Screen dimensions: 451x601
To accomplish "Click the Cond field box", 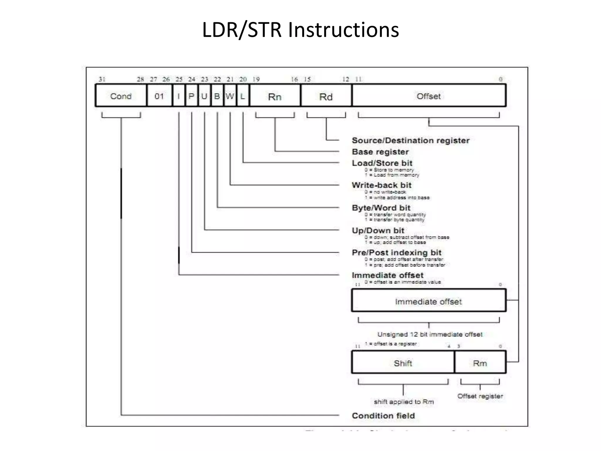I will pos(121,96).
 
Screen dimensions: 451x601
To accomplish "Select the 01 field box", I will pos(159,96).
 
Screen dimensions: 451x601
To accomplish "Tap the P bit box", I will pos(191,96).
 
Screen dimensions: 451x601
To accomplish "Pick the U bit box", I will pos(204,96).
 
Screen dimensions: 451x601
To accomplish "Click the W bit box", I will pos(230,96).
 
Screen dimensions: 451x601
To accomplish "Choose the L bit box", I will pos(243,96).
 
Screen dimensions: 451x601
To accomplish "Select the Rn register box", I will pos(275,96).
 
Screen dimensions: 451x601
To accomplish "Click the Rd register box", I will pos(326,96).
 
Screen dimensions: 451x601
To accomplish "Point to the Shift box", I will pos(403,363).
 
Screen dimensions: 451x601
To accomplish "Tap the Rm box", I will pos(480,363).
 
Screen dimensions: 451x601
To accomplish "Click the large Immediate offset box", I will pos(428,301).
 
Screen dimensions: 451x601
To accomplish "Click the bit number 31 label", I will pos(102,79).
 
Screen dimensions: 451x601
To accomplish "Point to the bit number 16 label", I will pos(294,79).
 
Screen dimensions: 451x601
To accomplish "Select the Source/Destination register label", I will pos(411,140).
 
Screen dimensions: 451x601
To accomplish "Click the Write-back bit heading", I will pos(381,185).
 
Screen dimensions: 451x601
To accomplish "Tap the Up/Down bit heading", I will pos(378,230).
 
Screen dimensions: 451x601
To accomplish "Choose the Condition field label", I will pos(383,415).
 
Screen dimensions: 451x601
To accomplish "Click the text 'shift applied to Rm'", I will pos(404,402).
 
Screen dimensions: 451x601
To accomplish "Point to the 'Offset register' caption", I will pos(480,396).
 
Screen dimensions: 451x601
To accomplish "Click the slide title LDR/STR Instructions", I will pos(300,30).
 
